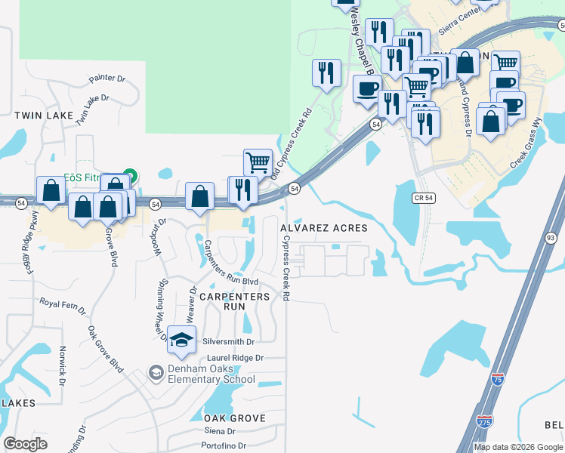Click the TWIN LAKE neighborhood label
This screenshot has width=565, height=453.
(44, 116)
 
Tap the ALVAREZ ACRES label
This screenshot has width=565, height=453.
(323, 228)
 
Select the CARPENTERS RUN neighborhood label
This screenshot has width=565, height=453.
(234, 302)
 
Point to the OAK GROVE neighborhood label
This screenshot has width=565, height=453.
(234, 418)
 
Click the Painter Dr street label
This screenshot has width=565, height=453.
(107, 79)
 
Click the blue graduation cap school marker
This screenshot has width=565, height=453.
(181, 341)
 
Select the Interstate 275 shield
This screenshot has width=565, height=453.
(485, 420)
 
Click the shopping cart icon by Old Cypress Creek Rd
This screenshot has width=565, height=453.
(258, 162)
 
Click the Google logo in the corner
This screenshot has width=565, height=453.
(25, 444)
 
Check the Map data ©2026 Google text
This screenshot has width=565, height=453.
(518, 447)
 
